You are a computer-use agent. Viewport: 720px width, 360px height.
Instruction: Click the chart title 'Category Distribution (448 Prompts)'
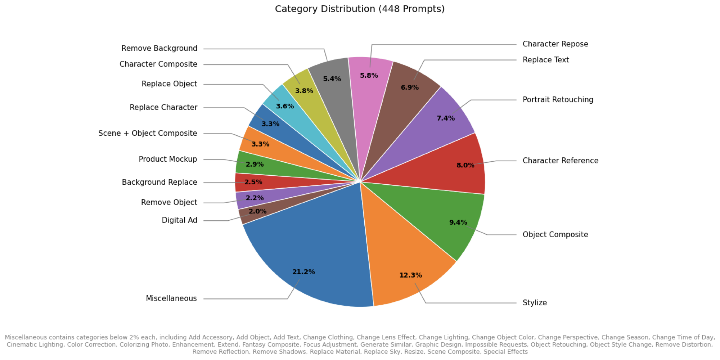pos(360,9)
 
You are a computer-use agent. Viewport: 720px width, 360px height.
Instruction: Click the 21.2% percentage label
pos(303,272)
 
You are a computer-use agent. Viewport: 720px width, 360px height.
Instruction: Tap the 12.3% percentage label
pos(410,275)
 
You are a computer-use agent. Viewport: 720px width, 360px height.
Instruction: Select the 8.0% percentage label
pos(465,165)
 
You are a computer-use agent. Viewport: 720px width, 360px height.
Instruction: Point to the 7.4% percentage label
pos(446,118)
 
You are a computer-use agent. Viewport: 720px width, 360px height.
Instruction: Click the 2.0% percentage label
pos(257,211)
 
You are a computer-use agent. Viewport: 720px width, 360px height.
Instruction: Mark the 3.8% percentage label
pos(304,91)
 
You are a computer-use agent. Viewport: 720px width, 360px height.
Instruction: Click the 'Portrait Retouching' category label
pos(558,100)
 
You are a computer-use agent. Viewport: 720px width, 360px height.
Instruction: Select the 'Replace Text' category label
pos(545,60)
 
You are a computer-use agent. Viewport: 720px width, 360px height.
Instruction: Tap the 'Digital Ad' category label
pos(179,220)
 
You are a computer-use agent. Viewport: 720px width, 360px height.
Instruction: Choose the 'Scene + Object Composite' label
pos(148,133)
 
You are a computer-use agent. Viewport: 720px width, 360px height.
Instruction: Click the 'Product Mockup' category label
pos(168,159)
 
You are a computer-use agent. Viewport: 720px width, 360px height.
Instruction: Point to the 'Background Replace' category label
pos(159,182)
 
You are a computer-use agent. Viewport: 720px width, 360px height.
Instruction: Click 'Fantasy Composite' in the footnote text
pos(271,345)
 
